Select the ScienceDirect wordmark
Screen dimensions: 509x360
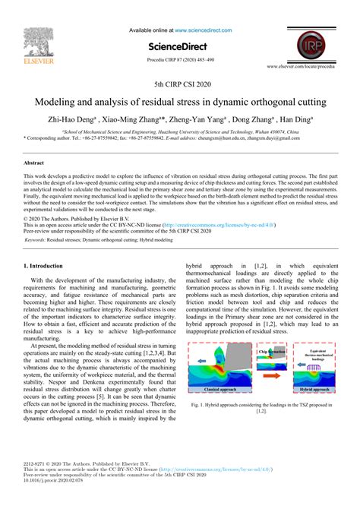pos(179,46)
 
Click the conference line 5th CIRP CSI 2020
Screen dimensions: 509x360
pos(179,85)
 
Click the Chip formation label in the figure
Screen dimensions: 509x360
pos(271,352)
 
